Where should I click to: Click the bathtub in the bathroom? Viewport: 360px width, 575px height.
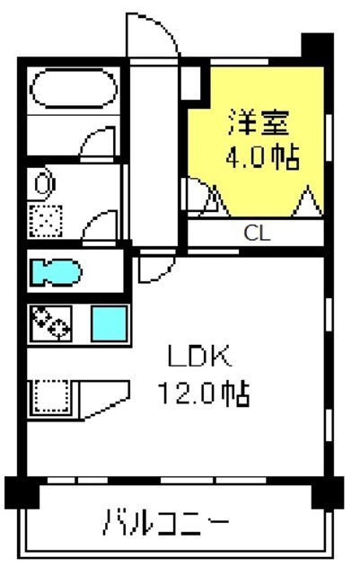(x=74, y=88)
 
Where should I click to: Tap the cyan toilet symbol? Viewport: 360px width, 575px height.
(x=56, y=272)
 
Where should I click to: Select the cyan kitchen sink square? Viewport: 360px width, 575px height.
(x=110, y=323)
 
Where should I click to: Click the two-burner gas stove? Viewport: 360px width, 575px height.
(x=51, y=323)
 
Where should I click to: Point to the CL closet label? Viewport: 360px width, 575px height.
(x=258, y=233)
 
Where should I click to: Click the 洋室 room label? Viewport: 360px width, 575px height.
(x=259, y=122)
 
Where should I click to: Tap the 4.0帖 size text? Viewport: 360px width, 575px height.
(x=262, y=158)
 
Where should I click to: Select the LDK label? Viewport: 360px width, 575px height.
(x=200, y=356)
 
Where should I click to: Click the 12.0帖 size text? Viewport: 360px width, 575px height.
(x=204, y=394)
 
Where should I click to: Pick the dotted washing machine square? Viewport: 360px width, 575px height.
(x=46, y=221)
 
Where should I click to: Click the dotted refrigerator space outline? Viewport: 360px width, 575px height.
(x=51, y=397)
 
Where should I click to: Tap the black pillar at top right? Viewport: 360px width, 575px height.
(x=317, y=46)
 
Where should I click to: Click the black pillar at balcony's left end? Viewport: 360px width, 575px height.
(x=22, y=492)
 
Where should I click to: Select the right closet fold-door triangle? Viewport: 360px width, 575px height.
(x=308, y=201)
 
